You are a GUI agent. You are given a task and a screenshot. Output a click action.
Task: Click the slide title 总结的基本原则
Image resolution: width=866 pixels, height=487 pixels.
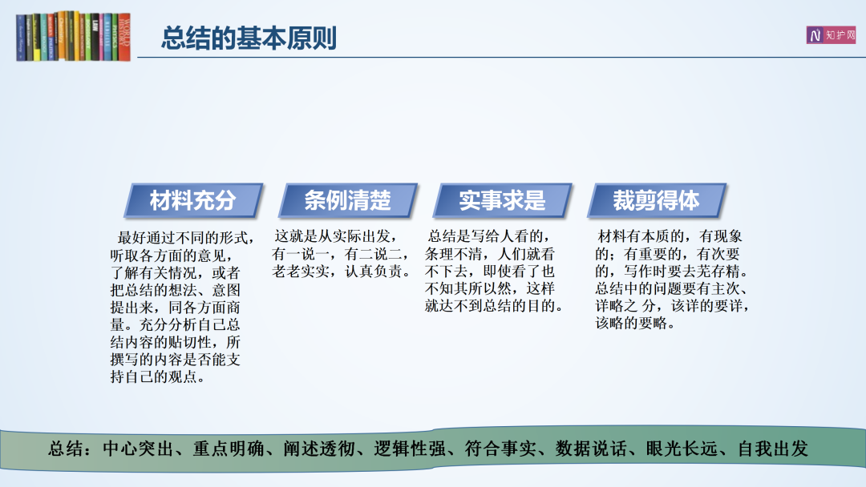click(x=249, y=38)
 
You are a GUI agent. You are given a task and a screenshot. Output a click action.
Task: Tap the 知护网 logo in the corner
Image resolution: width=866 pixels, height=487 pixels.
click(x=831, y=35)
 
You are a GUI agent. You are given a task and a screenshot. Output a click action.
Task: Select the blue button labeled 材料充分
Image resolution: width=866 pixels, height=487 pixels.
click(x=193, y=200)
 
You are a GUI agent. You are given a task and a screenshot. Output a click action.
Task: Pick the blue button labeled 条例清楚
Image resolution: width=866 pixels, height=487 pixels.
click(x=348, y=200)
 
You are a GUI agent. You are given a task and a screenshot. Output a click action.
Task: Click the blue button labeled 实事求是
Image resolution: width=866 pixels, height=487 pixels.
click(x=502, y=200)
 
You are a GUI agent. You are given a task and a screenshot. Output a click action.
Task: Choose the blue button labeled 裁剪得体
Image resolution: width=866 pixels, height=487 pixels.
click(x=656, y=200)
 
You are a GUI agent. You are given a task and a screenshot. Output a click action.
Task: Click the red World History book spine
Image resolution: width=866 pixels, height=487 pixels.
click(x=124, y=36)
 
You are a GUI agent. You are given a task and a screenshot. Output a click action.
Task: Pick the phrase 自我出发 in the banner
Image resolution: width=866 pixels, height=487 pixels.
click(x=773, y=449)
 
